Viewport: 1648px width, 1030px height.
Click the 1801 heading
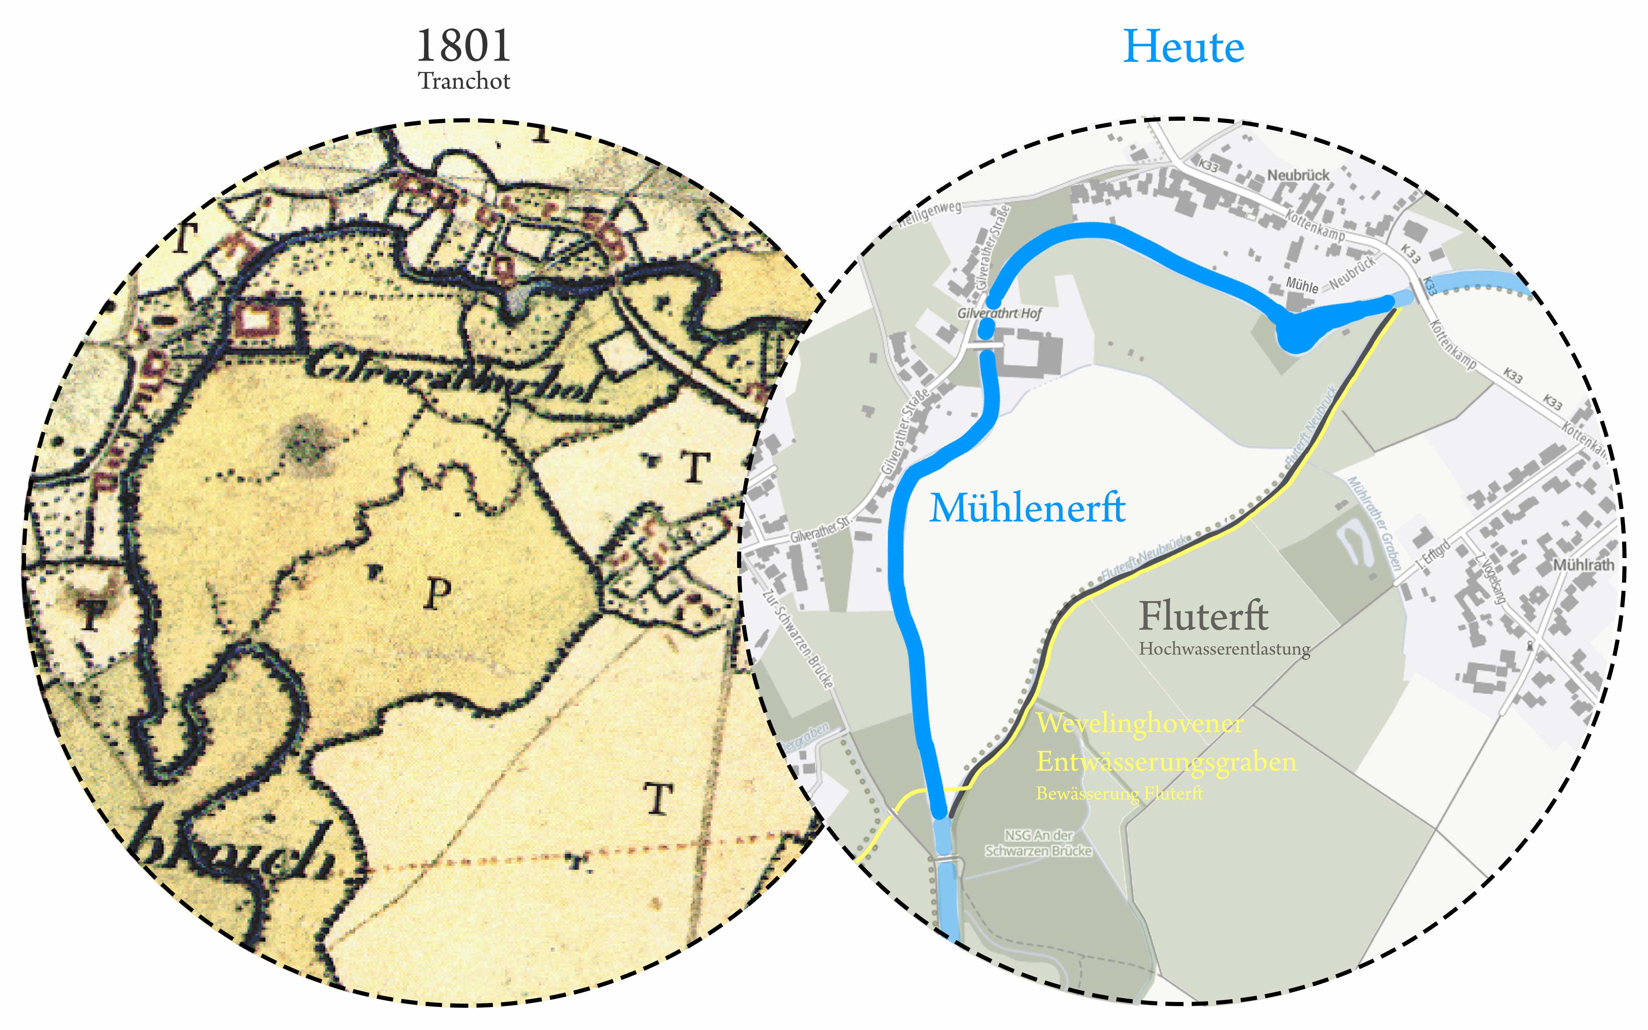tap(463, 46)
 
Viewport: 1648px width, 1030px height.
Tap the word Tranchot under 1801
tap(464, 81)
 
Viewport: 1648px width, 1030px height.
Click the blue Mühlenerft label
tap(1027, 508)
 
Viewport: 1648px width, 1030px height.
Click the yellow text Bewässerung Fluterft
tap(1119, 794)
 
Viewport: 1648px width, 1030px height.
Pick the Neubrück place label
tap(1298, 175)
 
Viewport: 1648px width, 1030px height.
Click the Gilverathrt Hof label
tap(999, 314)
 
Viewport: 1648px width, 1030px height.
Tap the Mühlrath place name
tap(1583, 565)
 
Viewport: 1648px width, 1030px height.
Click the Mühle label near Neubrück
tap(1302, 286)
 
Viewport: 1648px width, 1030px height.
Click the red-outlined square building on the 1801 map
tap(256, 318)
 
